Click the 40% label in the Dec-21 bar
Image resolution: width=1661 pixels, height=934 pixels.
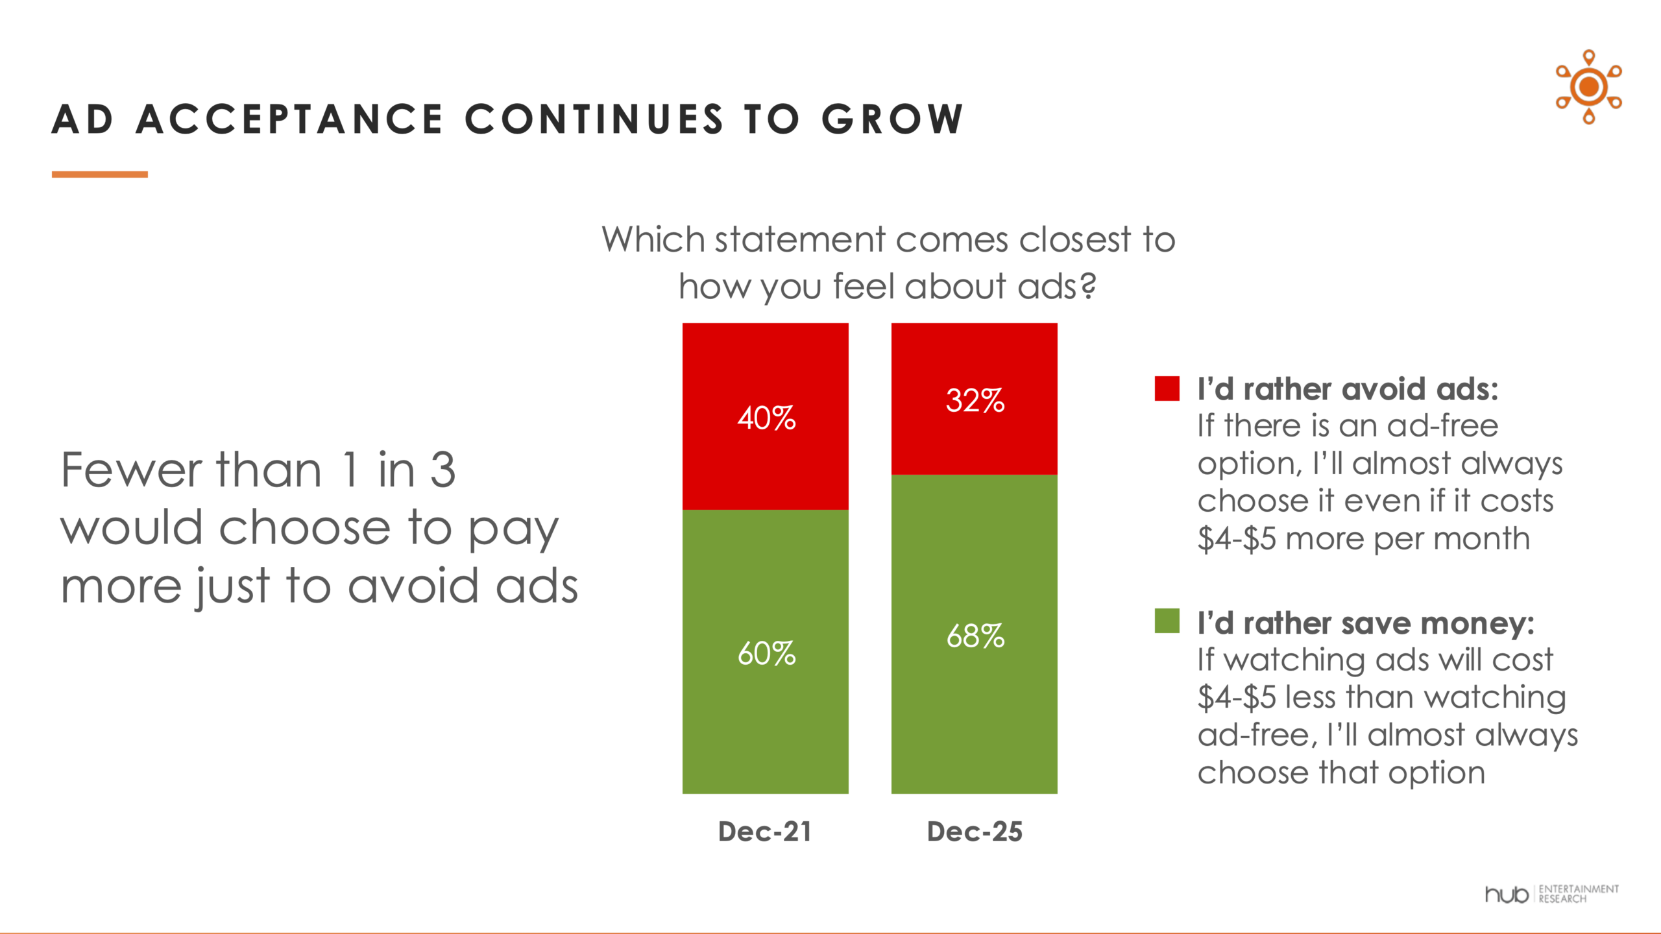tap(766, 418)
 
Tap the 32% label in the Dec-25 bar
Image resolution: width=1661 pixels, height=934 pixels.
tap(975, 400)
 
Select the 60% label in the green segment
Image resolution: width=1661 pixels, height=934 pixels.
tap(766, 654)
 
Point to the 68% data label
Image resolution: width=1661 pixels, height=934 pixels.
tap(975, 636)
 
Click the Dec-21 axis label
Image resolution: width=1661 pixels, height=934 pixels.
tap(765, 832)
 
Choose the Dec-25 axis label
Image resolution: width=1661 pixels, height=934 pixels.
tap(975, 832)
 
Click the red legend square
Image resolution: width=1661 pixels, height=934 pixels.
tap(1167, 389)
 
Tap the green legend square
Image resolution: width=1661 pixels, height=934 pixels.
tap(1167, 621)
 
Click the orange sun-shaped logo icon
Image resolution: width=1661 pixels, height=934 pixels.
tap(1588, 87)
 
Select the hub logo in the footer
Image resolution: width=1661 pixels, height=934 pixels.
tap(1507, 894)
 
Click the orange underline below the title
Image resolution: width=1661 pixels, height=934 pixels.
tap(100, 174)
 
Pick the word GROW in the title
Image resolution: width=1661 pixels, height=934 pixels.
tap(893, 119)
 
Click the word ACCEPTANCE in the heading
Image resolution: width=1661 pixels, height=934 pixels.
tap(290, 119)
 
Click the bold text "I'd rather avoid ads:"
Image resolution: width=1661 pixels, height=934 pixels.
tap(1348, 389)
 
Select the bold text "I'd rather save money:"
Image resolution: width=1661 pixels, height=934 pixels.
tap(1366, 623)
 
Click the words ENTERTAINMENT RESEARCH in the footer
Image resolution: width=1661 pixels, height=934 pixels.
tap(1578, 894)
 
